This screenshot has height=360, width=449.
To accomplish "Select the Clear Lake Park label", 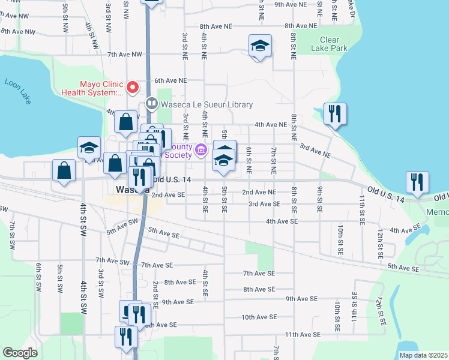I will (330, 44).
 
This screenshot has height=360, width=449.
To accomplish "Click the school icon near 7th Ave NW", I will (261, 46).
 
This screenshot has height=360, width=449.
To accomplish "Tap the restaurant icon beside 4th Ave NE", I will (335, 114).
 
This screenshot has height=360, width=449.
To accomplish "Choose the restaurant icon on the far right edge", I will (417, 182).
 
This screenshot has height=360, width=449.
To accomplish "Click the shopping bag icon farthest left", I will (64, 170).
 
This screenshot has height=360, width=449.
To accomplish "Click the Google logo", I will (20, 353).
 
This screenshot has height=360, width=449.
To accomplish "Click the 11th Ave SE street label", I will (300, 334).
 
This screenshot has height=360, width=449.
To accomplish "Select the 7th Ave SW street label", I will (112, 262).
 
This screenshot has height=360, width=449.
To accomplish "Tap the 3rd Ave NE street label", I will (316, 151).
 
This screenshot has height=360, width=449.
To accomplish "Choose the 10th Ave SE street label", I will (259, 317).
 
